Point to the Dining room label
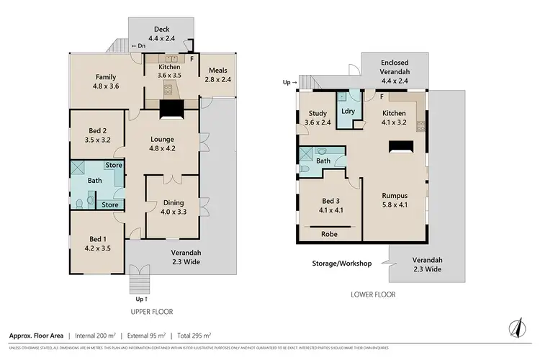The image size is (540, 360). click(x=173, y=207)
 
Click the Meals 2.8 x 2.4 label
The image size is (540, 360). click(x=219, y=75)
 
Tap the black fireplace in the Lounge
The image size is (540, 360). click(x=172, y=109)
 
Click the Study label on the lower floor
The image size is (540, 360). click(x=318, y=118)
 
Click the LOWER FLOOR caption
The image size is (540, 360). click(x=372, y=294)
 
